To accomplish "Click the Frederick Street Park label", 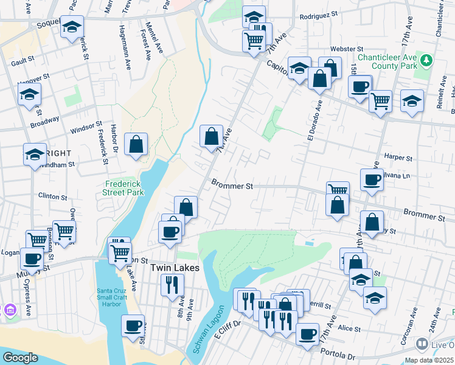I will coord(123,187).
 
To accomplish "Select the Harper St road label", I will coord(399,157).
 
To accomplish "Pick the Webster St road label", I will coord(346,48).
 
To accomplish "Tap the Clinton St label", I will coord(52,196).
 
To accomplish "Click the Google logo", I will coord(19,358).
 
